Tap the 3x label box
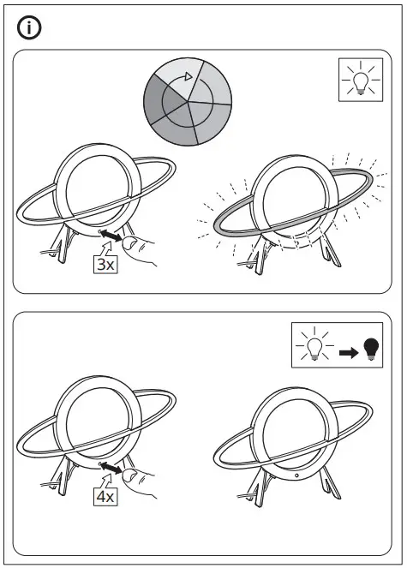(105, 264)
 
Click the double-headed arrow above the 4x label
(111, 467)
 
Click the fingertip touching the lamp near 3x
(129, 245)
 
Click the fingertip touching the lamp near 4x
(129, 475)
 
